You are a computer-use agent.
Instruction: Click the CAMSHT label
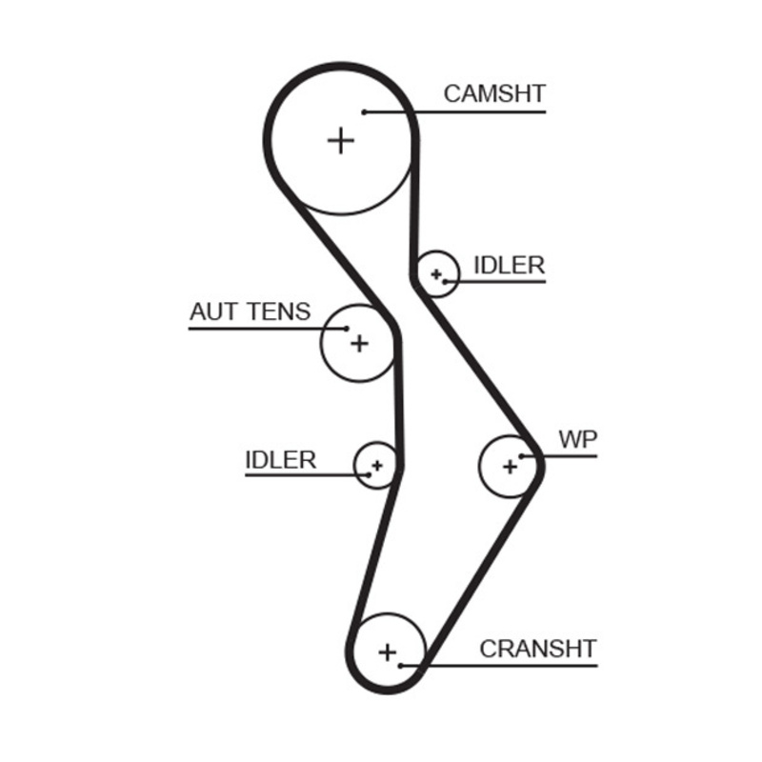click(494, 93)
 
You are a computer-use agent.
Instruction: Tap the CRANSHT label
click(537, 649)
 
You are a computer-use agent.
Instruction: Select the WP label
click(577, 439)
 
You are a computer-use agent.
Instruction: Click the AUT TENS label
click(250, 311)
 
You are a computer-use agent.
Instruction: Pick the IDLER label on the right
click(509, 265)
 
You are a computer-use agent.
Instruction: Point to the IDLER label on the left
click(280, 459)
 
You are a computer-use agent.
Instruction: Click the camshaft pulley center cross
click(340, 141)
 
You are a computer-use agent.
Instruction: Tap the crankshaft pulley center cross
click(387, 652)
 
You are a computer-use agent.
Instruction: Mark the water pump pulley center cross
click(510, 466)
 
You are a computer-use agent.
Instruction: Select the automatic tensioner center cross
click(358, 342)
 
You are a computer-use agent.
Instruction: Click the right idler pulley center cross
click(436, 274)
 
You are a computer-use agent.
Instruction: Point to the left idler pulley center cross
click(376, 466)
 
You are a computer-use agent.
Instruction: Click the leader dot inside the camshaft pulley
click(364, 112)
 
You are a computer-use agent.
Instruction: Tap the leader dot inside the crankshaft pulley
click(403, 665)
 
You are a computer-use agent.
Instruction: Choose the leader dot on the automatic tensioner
click(347, 330)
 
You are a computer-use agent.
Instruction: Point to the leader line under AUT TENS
click(257, 330)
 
